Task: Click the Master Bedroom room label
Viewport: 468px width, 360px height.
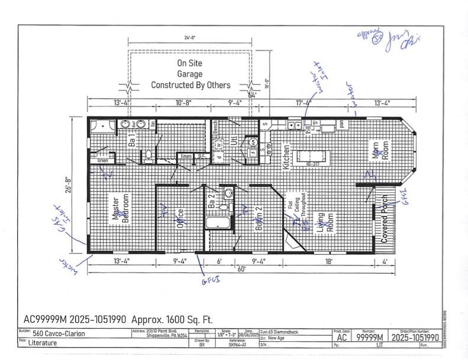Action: click(x=118, y=209)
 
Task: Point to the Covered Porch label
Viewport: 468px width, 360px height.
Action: click(x=385, y=219)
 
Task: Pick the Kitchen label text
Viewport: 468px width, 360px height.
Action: click(x=286, y=157)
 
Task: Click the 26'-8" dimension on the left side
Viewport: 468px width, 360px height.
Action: click(x=69, y=185)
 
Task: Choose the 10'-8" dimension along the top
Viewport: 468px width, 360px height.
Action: click(x=183, y=102)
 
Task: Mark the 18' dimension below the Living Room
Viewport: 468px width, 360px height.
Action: click(x=328, y=261)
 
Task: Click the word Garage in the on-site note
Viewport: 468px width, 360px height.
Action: click(x=189, y=74)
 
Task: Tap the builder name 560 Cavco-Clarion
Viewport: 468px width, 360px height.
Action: click(x=59, y=333)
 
